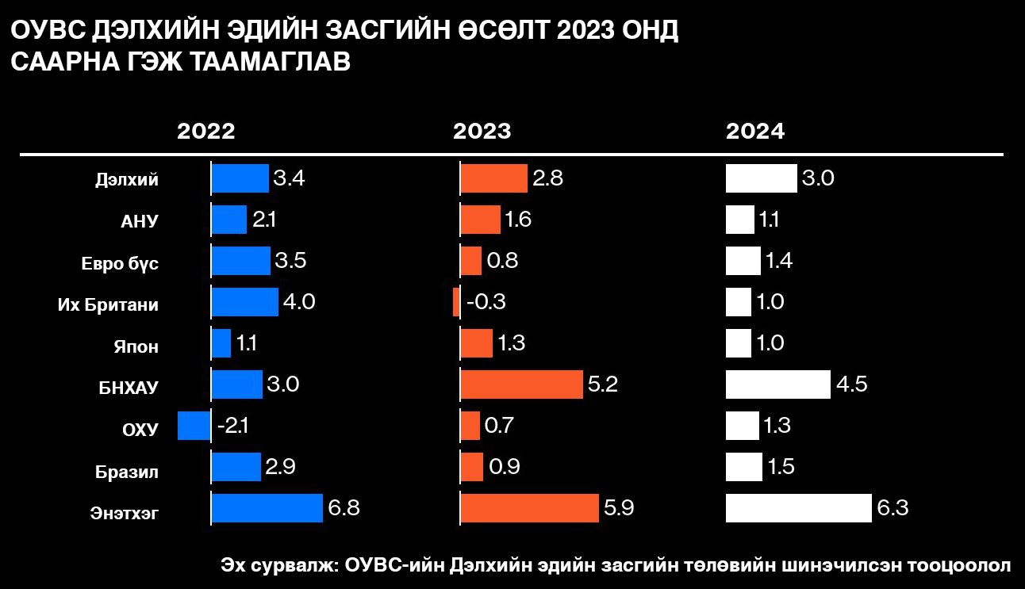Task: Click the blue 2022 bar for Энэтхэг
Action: (x=267, y=507)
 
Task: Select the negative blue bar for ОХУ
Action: (x=194, y=426)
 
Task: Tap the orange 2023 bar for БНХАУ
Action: (x=522, y=384)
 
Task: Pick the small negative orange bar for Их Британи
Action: (x=456, y=302)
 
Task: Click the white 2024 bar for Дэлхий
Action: (x=761, y=178)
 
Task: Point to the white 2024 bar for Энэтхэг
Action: (x=799, y=507)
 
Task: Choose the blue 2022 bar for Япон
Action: (x=221, y=343)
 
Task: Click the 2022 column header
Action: (x=206, y=132)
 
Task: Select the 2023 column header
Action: (x=482, y=132)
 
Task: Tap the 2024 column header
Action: (x=755, y=132)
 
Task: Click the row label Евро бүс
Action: (x=120, y=264)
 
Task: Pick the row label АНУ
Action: (x=140, y=222)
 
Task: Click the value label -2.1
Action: (x=233, y=426)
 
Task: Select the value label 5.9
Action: (x=620, y=507)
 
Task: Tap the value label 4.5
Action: (x=852, y=384)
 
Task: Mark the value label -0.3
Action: (x=486, y=302)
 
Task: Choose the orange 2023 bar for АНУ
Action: (x=481, y=220)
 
